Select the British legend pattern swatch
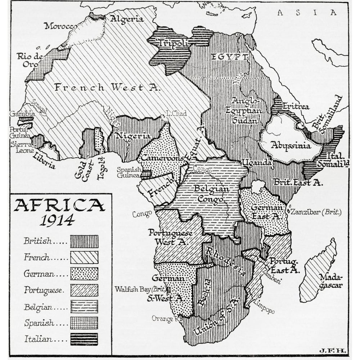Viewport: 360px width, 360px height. click(84, 241)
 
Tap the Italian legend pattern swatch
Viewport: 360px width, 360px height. click(84, 339)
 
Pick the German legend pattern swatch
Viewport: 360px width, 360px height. click(84, 274)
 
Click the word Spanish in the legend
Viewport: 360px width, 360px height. click(36, 323)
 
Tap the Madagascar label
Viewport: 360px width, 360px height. click(330, 282)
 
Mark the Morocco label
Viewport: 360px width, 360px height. click(60, 26)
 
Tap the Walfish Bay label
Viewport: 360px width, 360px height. click(139, 289)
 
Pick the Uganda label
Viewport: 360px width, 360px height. click(257, 163)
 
